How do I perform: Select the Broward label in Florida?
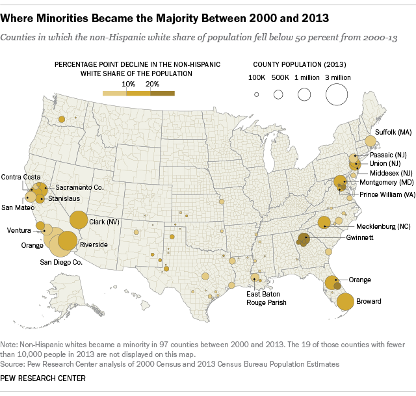coord(369,302)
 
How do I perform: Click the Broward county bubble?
coord(345,302)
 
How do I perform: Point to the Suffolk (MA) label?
coord(394,132)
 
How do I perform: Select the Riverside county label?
coord(95,244)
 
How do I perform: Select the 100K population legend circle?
coord(257,95)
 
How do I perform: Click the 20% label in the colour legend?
coord(153,84)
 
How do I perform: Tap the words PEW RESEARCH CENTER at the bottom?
coord(43,378)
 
